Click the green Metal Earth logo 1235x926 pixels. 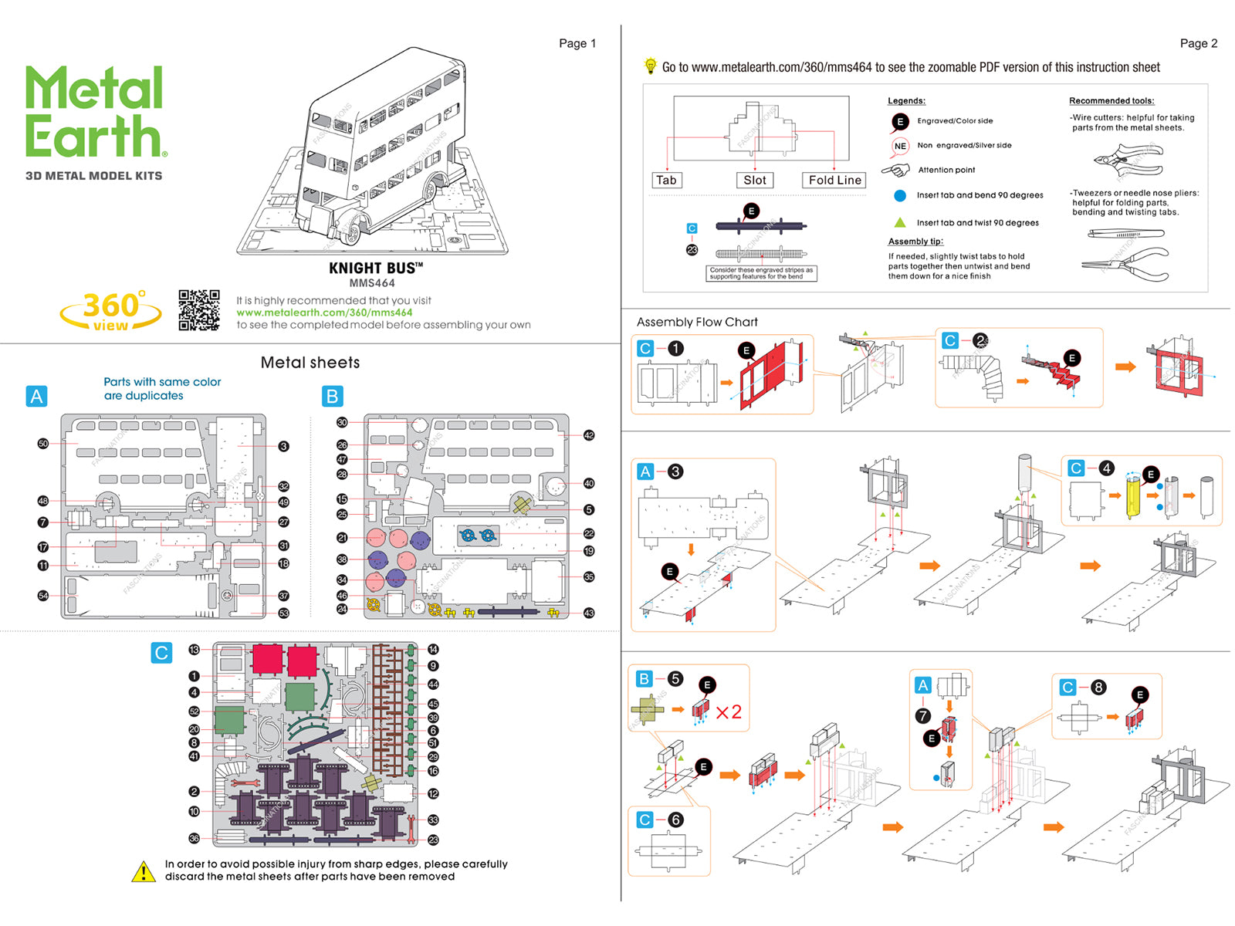(95, 112)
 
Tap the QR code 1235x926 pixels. (198, 310)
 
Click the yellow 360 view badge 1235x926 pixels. (111, 311)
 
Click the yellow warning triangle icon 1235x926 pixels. (144, 871)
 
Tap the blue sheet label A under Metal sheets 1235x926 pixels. (36, 396)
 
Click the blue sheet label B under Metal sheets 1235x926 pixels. (332, 396)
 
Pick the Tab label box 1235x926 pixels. (666, 180)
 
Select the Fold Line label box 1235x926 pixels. (834, 180)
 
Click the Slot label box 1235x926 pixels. (754, 180)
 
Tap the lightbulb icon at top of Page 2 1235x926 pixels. (651, 66)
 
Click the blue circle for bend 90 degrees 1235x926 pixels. (900, 195)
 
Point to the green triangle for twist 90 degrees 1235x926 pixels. (900, 222)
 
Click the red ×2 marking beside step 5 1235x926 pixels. (728, 711)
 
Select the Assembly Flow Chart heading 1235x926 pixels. (697, 322)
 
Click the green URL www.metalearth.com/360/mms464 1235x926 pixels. (324, 313)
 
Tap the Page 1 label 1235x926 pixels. (577, 43)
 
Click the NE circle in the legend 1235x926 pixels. (900, 146)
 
